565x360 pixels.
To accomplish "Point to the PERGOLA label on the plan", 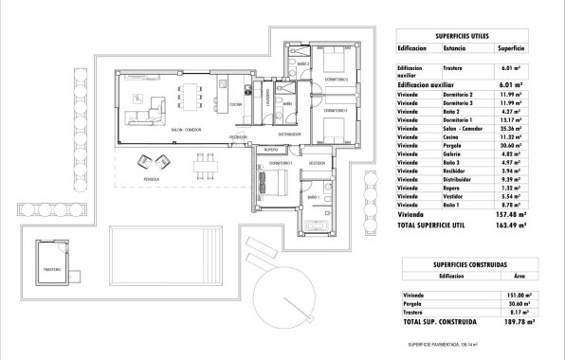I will point(151,178).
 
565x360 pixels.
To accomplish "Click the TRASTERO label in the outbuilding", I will point(51,270).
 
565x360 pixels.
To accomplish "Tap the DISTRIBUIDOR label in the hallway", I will point(289,134).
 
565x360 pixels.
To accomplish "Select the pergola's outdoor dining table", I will point(202,167).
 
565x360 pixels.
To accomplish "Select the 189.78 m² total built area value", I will point(512,323).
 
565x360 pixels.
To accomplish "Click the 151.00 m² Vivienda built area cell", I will point(512,294).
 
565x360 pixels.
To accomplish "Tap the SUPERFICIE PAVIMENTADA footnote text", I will point(444,345).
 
